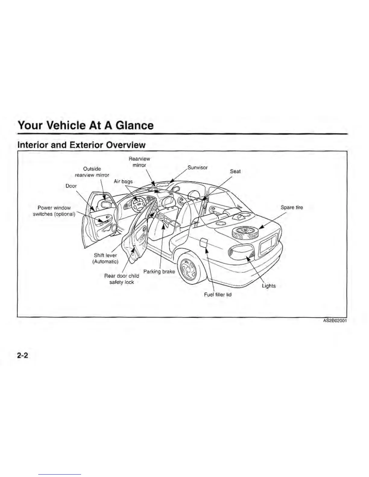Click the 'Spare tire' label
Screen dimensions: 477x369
tap(292, 207)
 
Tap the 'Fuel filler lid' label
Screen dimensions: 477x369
tap(218, 295)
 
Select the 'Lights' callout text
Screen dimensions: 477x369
tap(268, 286)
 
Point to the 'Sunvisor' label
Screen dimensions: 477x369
tap(197, 167)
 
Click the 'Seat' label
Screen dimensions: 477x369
tap(235, 171)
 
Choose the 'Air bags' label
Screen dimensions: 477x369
tap(123, 181)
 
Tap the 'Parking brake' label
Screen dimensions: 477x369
tap(159, 271)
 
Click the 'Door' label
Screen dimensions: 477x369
tap(71, 186)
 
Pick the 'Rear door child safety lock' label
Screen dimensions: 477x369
tap(121, 279)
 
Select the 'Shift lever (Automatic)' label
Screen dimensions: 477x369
tap(105, 258)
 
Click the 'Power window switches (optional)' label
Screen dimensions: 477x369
tap(54, 211)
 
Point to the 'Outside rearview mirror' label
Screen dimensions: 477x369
tap(92, 172)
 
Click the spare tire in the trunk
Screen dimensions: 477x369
tap(245, 232)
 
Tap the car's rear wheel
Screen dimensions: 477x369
tap(191, 267)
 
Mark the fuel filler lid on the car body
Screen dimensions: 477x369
tap(204, 242)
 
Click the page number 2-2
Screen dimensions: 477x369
tap(23, 356)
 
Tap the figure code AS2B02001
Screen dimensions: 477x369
tap(335, 321)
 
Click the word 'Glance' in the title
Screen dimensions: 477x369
tap(134, 125)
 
